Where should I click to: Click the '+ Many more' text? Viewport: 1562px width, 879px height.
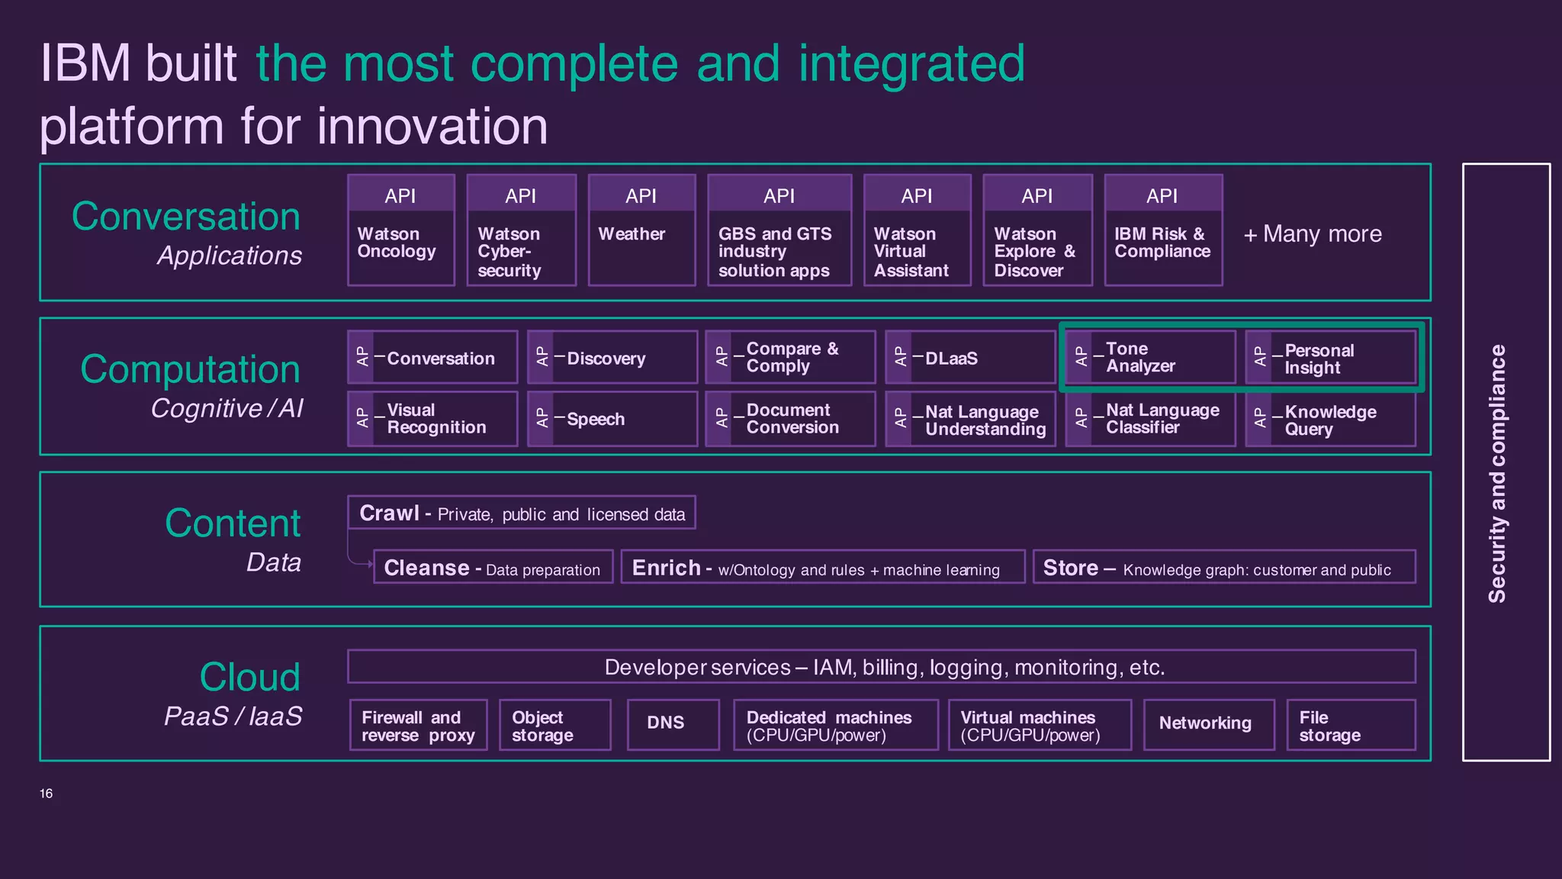1313,233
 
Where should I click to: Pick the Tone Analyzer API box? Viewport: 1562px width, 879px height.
1150,357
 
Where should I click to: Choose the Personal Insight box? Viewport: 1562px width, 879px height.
1330,358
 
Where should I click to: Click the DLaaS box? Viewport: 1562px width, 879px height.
970,357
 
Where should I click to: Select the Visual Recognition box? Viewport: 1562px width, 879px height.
432,419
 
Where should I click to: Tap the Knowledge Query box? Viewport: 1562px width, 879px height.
1330,420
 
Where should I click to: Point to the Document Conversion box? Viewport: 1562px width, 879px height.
790,419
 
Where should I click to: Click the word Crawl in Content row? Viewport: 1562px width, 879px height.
389,513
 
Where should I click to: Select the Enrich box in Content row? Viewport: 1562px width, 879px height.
822,568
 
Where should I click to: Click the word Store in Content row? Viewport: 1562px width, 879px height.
1070,568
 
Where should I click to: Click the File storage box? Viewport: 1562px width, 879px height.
1350,726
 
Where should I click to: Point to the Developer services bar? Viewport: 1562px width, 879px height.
882,667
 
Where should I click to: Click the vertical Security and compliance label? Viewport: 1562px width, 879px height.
1497,473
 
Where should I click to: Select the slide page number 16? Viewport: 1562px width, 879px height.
46,794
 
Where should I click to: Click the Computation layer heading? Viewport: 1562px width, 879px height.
190,369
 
